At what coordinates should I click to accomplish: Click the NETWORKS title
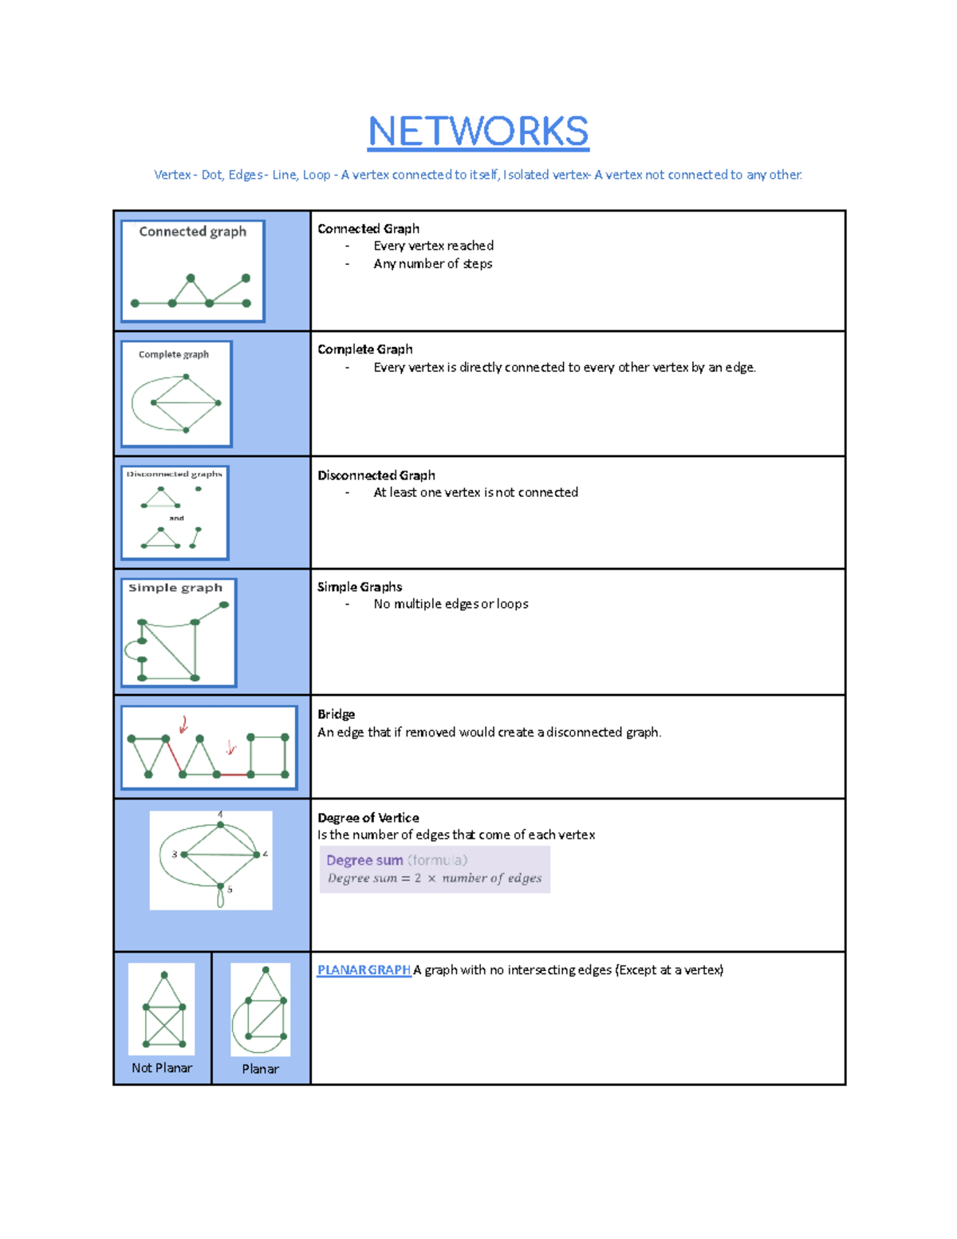pyautogui.click(x=478, y=132)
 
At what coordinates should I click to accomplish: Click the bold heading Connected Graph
pyautogui.click(x=368, y=229)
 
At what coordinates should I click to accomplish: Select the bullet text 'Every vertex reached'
pyautogui.click(x=433, y=246)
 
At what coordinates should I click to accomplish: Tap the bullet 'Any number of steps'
pyautogui.click(x=432, y=264)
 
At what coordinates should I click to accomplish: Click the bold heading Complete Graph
pyautogui.click(x=364, y=349)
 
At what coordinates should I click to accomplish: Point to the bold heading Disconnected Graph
pyautogui.click(x=376, y=475)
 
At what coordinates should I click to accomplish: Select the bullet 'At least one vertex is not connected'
pyautogui.click(x=475, y=493)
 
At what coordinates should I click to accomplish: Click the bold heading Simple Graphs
pyautogui.click(x=359, y=587)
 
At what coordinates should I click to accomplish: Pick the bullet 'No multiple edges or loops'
pyautogui.click(x=451, y=604)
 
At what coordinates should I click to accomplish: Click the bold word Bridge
pyautogui.click(x=336, y=714)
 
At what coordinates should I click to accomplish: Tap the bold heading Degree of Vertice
pyautogui.click(x=368, y=818)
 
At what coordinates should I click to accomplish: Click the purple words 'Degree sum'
pyautogui.click(x=364, y=860)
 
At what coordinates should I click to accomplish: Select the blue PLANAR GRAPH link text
pyautogui.click(x=364, y=970)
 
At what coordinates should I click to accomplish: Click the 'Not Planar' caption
pyautogui.click(x=162, y=1067)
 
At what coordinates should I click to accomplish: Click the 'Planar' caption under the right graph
pyautogui.click(x=260, y=1069)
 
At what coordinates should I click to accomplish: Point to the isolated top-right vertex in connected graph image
pyautogui.click(x=246, y=278)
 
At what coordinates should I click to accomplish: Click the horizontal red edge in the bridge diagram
pyautogui.click(x=233, y=774)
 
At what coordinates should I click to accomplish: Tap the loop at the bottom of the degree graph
pyautogui.click(x=221, y=899)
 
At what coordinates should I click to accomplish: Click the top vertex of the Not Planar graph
pyautogui.click(x=164, y=975)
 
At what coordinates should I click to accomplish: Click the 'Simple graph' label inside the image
pyautogui.click(x=175, y=588)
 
